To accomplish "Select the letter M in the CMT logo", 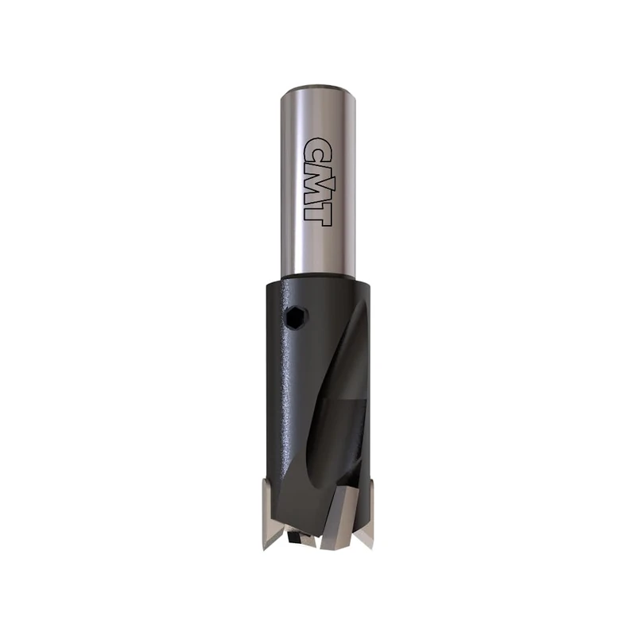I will [317, 179].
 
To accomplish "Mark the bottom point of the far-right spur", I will [368, 547].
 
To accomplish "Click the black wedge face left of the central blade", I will [306, 509].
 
